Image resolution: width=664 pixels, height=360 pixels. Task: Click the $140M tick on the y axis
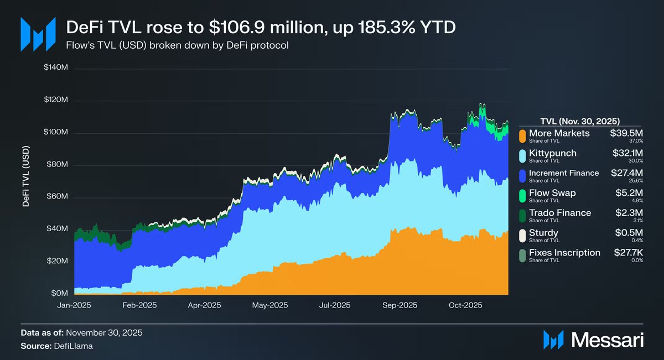[x=55, y=69]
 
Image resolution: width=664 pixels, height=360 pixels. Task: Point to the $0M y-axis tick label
[x=59, y=293]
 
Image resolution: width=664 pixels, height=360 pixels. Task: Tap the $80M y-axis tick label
[x=57, y=165]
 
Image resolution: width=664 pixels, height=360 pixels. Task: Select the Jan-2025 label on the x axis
[x=74, y=305]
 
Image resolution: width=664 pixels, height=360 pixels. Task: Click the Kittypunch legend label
[x=552, y=153]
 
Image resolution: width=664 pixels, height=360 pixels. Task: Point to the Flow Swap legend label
[x=552, y=192]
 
